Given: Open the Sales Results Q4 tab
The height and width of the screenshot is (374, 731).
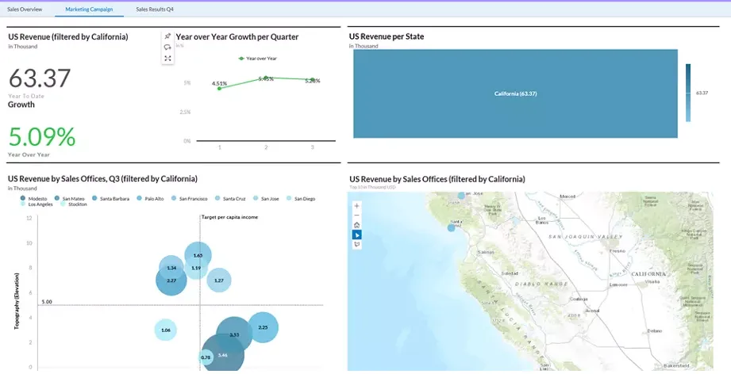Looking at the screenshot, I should click(155, 9).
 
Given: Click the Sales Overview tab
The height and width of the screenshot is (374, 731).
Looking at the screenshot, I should click(25, 9).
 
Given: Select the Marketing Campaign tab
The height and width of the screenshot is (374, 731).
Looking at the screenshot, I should click(89, 9).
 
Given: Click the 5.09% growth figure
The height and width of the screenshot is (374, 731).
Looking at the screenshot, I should click(42, 136).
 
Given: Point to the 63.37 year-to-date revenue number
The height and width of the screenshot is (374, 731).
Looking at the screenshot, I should click(40, 78).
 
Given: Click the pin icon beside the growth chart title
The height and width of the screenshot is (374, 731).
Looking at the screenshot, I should click(167, 36).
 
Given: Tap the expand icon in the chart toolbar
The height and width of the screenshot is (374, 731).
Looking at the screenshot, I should click(167, 59).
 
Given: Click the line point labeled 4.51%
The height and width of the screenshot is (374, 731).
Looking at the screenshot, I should click(219, 87).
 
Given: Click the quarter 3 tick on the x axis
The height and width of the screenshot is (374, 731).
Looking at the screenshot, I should click(313, 148).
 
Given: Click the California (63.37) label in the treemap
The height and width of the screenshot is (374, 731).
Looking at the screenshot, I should click(516, 93).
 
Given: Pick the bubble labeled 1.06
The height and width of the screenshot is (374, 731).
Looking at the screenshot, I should click(165, 330).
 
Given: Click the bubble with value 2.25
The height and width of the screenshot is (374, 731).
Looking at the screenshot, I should click(264, 327).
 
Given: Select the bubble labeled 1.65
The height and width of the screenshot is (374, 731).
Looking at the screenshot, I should click(198, 255).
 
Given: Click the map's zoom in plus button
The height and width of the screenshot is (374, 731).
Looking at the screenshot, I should click(356, 205).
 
